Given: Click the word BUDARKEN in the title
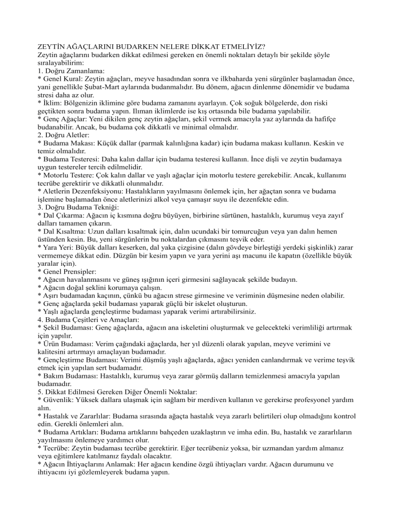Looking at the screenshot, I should pyautogui.click(x=143, y=45).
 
